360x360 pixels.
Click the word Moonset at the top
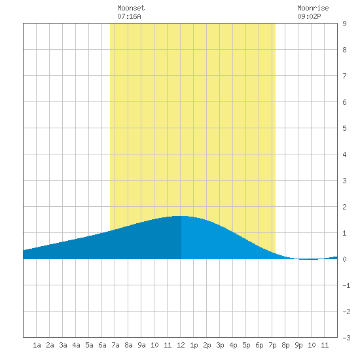(x=131, y=8)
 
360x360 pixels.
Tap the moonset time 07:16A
(x=129, y=16)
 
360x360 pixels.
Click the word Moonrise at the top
(x=313, y=8)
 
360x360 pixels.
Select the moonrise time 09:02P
(x=309, y=16)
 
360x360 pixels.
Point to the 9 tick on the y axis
(x=344, y=24)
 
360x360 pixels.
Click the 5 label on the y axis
(x=344, y=128)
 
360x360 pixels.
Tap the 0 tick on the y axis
(x=344, y=259)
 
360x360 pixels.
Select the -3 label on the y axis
(x=346, y=338)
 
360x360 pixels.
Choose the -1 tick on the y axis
(x=346, y=285)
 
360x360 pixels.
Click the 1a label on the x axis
(x=37, y=345)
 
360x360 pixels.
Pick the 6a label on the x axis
(x=102, y=345)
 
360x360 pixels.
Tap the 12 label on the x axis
(x=181, y=345)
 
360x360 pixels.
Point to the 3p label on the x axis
(x=220, y=345)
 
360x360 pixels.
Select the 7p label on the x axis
(x=272, y=345)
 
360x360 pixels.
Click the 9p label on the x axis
(x=298, y=345)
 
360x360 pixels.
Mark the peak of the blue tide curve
(x=179, y=216)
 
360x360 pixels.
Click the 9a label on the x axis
(x=141, y=345)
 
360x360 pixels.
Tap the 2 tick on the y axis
(x=344, y=207)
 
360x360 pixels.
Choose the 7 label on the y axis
(x=344, y=76)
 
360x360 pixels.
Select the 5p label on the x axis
(x=246, y=345)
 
